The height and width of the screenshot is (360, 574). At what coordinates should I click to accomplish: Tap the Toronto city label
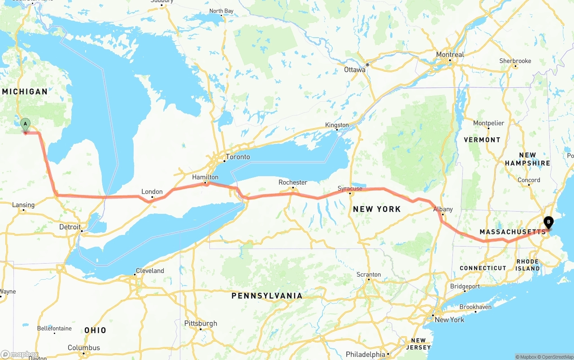[238, 157]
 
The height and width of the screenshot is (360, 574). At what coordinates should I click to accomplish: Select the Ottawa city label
[355, 69]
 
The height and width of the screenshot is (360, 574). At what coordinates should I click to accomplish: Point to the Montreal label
[450, 55]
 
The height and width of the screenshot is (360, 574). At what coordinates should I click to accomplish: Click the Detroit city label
[70, 227]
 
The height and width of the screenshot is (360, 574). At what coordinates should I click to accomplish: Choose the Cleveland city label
[150, 271]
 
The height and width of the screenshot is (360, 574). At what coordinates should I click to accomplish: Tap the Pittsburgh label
[200, 323]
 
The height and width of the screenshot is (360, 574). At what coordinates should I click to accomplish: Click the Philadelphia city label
[365, 354]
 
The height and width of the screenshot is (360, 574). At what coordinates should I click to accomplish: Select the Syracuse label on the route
[350, 189]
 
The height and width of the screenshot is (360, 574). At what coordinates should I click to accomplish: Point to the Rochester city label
[293, 182]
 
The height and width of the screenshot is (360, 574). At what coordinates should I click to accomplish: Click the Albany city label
[443, 209]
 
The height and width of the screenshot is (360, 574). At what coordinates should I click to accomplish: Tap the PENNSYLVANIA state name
[267, 296]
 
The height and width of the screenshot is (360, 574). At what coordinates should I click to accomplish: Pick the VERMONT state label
[482, 140]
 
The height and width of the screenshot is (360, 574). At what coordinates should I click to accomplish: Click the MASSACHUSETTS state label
[513, 232]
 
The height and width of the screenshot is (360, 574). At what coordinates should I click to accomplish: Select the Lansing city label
[23, 205]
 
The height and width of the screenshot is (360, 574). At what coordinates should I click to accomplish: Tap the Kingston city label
[337, 125]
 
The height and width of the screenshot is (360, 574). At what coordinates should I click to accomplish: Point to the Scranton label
[369, 274]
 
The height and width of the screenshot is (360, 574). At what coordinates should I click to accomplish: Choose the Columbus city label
[84, 348]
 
